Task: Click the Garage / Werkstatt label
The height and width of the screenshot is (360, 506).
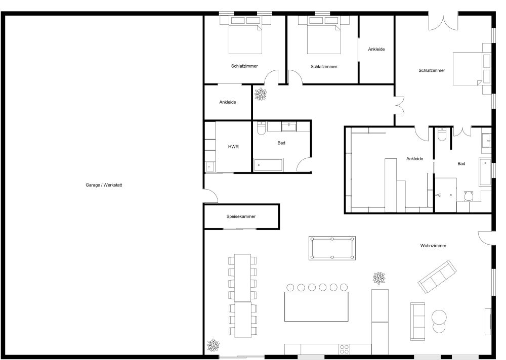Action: [104, 185]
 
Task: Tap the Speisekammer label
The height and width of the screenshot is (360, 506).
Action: [241, 216]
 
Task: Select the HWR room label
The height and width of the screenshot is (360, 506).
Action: [233, 147]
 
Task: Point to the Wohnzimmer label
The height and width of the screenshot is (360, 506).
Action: [433, 246]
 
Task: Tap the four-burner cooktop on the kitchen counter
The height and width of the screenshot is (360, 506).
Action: [345, 349]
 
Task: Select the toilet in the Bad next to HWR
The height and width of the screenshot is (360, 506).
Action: [261, 129]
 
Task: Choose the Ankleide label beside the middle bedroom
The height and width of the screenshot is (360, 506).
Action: [376, 49]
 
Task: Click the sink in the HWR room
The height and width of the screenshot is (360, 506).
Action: [210, 166]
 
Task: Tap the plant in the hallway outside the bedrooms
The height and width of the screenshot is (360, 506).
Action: [261, 94]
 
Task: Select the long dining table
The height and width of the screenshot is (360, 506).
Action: [243, 296]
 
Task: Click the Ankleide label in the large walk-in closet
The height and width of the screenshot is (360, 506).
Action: [414, 159]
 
